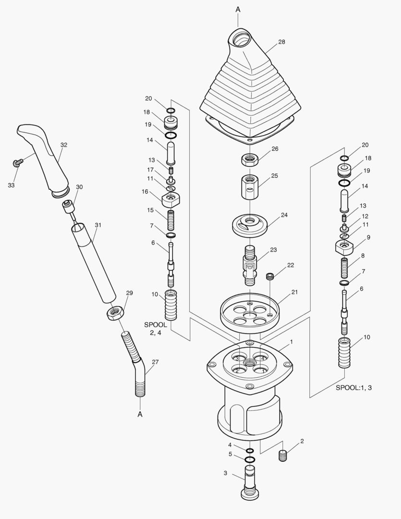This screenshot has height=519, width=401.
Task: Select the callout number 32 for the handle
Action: (64, 145)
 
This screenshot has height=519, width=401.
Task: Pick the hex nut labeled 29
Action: (115, 313)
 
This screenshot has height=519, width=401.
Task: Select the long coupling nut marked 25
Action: (249, 187)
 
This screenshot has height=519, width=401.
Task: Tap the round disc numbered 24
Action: (249, 224)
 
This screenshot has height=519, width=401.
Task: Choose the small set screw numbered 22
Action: (270, 276)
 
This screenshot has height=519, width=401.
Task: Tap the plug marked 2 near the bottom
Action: (283, 456)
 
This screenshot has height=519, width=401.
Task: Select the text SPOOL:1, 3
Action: (353, 388)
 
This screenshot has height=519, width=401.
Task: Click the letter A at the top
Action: (238, 9)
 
